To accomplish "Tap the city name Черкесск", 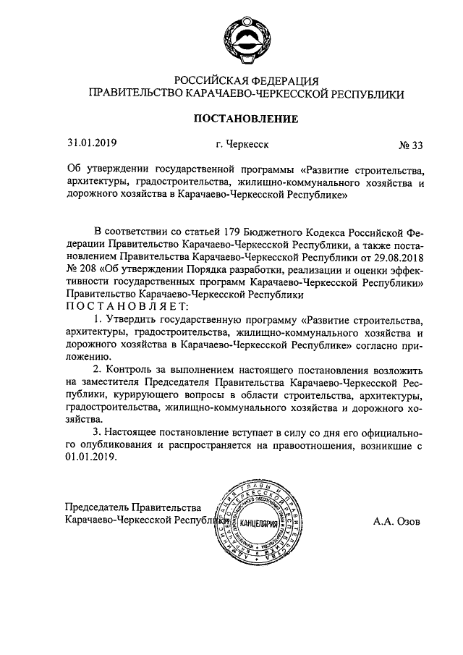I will (x=242, y=144).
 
